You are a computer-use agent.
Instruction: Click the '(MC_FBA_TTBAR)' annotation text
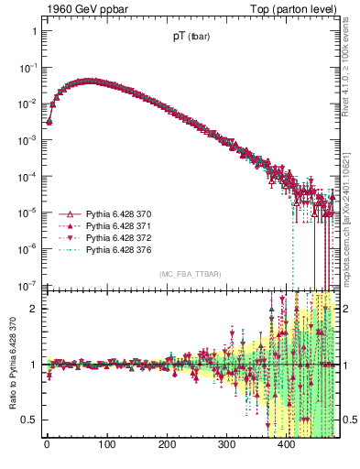tap(190, 274)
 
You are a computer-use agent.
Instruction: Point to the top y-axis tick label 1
tap(34, 31)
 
